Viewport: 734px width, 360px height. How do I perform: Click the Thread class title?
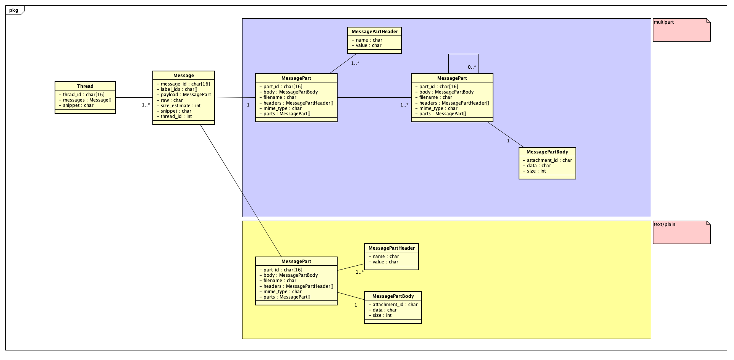[85, 86]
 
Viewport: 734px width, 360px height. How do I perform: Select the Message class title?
[184, 76]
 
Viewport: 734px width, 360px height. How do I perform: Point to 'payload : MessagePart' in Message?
[186, 95]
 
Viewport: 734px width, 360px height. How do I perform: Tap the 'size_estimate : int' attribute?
[181, 106]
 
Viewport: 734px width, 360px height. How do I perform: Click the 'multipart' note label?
[664, 22]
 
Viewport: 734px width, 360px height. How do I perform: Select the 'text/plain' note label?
[664, 224]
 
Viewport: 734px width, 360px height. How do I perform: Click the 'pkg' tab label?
[14, 10]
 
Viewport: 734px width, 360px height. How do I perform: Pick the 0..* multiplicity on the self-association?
[472, 67]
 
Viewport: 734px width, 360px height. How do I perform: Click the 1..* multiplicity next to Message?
[146, 105]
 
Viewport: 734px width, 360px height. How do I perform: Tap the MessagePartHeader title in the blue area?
[375, 32]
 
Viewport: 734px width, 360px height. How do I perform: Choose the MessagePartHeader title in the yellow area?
[391, 248]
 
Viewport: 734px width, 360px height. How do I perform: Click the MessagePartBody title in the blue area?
[547, 152]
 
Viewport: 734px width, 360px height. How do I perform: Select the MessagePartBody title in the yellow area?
[393, 296]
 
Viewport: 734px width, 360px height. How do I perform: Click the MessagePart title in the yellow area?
[296, 262]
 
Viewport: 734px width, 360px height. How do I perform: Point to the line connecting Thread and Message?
[134, 98]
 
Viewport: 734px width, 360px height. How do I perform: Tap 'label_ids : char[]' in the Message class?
[179, 89]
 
